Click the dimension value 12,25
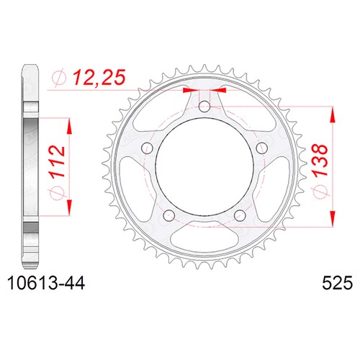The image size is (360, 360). click(99, 78)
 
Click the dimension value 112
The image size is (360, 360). click(58, 161)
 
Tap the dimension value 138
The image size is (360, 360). click(320, 160)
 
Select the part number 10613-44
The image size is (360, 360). click(46, 283)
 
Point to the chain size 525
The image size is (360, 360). click(337, 283)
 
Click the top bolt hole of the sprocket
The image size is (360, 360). click(204, 107)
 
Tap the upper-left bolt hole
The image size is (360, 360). click(147, 148)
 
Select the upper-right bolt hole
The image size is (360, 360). click(262, 148)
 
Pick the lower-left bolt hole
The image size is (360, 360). click(169, 215)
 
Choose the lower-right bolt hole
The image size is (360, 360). click(240, 215)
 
